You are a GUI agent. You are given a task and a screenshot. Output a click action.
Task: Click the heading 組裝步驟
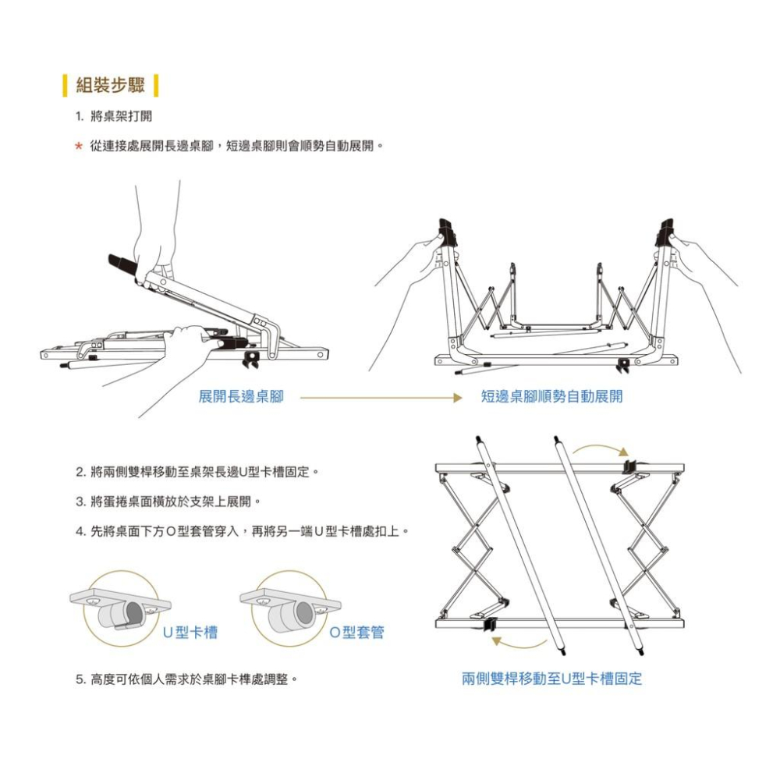click(x=110, y=85)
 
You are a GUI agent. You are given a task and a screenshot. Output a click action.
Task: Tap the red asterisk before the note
click(x=78, y=147)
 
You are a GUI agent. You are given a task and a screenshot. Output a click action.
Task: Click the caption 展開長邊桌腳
click(x=241, y=397)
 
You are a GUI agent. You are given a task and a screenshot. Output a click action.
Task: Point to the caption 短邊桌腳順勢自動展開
click(x=551, y=397)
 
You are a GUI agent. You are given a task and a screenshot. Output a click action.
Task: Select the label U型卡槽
click(x=190, y=632)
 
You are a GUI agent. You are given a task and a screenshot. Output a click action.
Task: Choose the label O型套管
click(x=357, y=632)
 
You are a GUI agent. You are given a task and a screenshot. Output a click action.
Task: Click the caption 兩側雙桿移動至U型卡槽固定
click(x=552, y=679)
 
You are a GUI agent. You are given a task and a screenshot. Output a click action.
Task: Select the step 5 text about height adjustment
click(x=187, y=679)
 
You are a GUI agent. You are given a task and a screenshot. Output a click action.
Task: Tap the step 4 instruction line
click(x=243, y=531)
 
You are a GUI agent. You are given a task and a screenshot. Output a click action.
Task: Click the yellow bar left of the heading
click(x=66, y=85)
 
